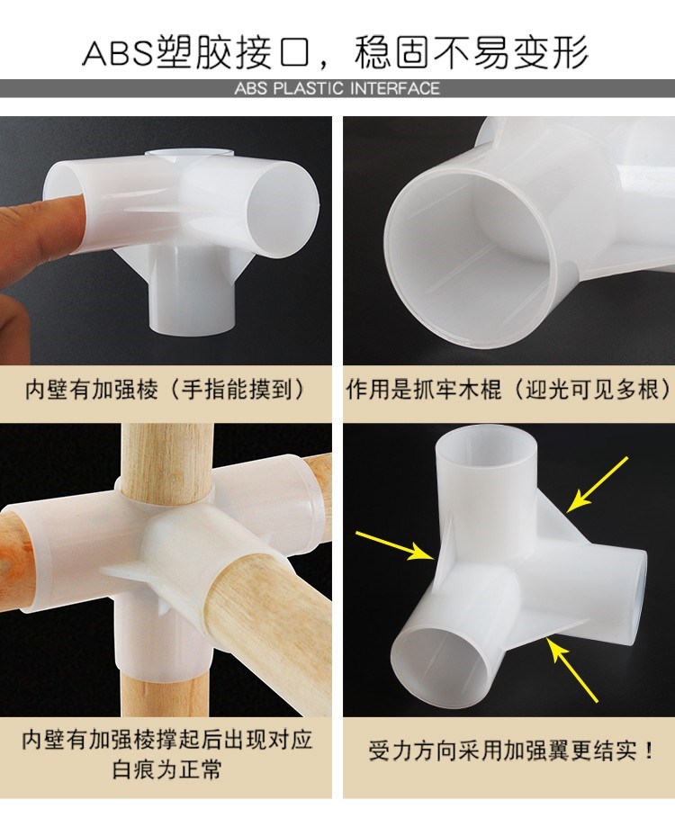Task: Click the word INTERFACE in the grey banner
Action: click(x=395, y=88)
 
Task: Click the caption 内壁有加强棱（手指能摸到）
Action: click(x=165, y=390)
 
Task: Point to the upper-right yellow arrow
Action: click(x=598, y=484)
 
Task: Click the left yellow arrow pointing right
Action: click(x=395, y=545)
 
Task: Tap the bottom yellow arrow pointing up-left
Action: click(x=572, y=670)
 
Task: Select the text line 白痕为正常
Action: click(x=166, y=769)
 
